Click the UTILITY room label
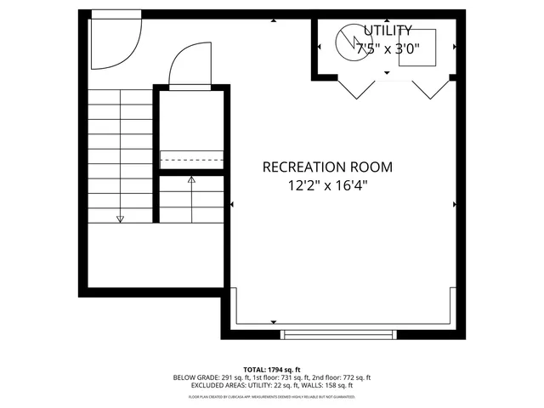[x=387, y=31]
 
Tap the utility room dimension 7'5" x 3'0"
[x=387, y=48]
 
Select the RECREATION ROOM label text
[x=327, y=167]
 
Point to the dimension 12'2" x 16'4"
[x=327, y=184]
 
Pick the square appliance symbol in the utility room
[x=418, y=48]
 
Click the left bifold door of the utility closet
[x=356, y=88]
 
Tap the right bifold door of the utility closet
[x=431, y=88]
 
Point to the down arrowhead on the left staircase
[x=120, y=219]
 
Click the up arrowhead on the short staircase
[x=191, y=180]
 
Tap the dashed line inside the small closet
[x=191, y=159]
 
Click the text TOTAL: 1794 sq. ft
[x=272, y=369]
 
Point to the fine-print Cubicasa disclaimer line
[x=272, y=396]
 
